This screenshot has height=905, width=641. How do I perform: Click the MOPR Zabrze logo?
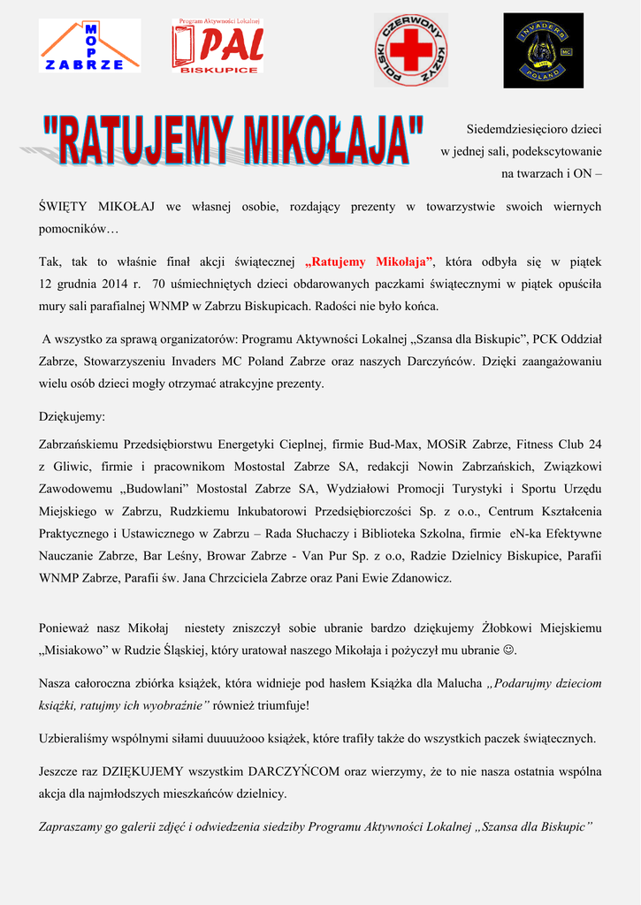coord(89,46)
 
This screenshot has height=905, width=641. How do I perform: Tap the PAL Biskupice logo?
coord(217,46)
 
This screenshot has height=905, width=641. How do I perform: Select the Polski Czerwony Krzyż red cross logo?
coord(410,49)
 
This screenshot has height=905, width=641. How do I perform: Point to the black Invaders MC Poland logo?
coord(543,50)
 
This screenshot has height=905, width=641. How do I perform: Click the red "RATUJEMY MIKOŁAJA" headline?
coord(233,140)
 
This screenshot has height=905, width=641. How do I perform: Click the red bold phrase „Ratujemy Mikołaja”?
coord(369,262)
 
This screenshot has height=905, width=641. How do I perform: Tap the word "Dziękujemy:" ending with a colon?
coord(72,415)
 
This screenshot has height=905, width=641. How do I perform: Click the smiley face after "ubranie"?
coord(508,650)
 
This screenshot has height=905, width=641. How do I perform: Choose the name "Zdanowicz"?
coord(420,578)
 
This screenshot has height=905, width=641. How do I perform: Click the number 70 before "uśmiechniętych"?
coord(159,285)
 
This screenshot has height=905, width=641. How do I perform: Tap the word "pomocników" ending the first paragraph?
coord(79,229)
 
